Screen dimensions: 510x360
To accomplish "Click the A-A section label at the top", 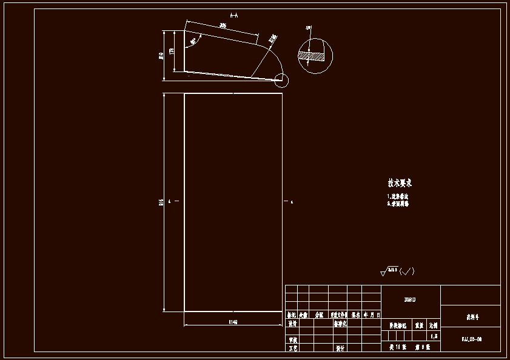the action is [x=233, y=15].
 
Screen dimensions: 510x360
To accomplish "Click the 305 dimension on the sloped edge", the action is [x=223, y=25].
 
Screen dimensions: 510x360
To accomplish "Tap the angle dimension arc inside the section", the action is [x=193, y=42].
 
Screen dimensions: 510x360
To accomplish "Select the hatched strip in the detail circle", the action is [x=311, y=55].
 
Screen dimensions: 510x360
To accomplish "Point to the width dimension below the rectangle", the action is [x=232, y=322].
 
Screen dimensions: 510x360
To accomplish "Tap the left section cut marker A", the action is [x=170, y=201].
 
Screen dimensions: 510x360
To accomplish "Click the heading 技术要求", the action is [x=400, y=182].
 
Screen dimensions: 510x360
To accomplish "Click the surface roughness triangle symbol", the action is [x=383, y=273].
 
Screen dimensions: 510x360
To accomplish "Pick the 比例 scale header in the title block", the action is [x=433, y=325].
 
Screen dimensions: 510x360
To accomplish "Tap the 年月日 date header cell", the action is [x=372, y=315].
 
